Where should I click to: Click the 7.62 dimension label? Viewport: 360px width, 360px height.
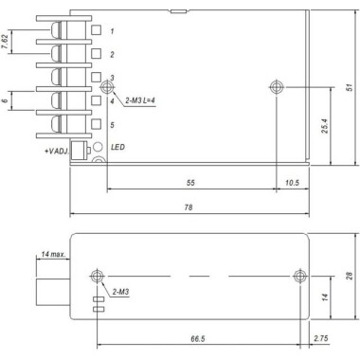[x=8, y=42]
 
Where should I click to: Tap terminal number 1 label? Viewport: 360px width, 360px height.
[x=112, y=31]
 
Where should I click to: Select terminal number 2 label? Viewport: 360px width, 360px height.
[x=112, y=54]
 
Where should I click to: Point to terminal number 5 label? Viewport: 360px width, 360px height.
[x=112, y=124]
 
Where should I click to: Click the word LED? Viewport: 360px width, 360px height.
[x=119, y=148]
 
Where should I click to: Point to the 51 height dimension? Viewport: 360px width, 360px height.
[x=349, y=88]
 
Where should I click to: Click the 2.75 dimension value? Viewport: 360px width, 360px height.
[x=321, y=336]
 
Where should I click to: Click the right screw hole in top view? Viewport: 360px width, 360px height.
[x=275, y=88]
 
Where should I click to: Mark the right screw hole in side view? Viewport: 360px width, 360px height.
[x=299, y=276]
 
